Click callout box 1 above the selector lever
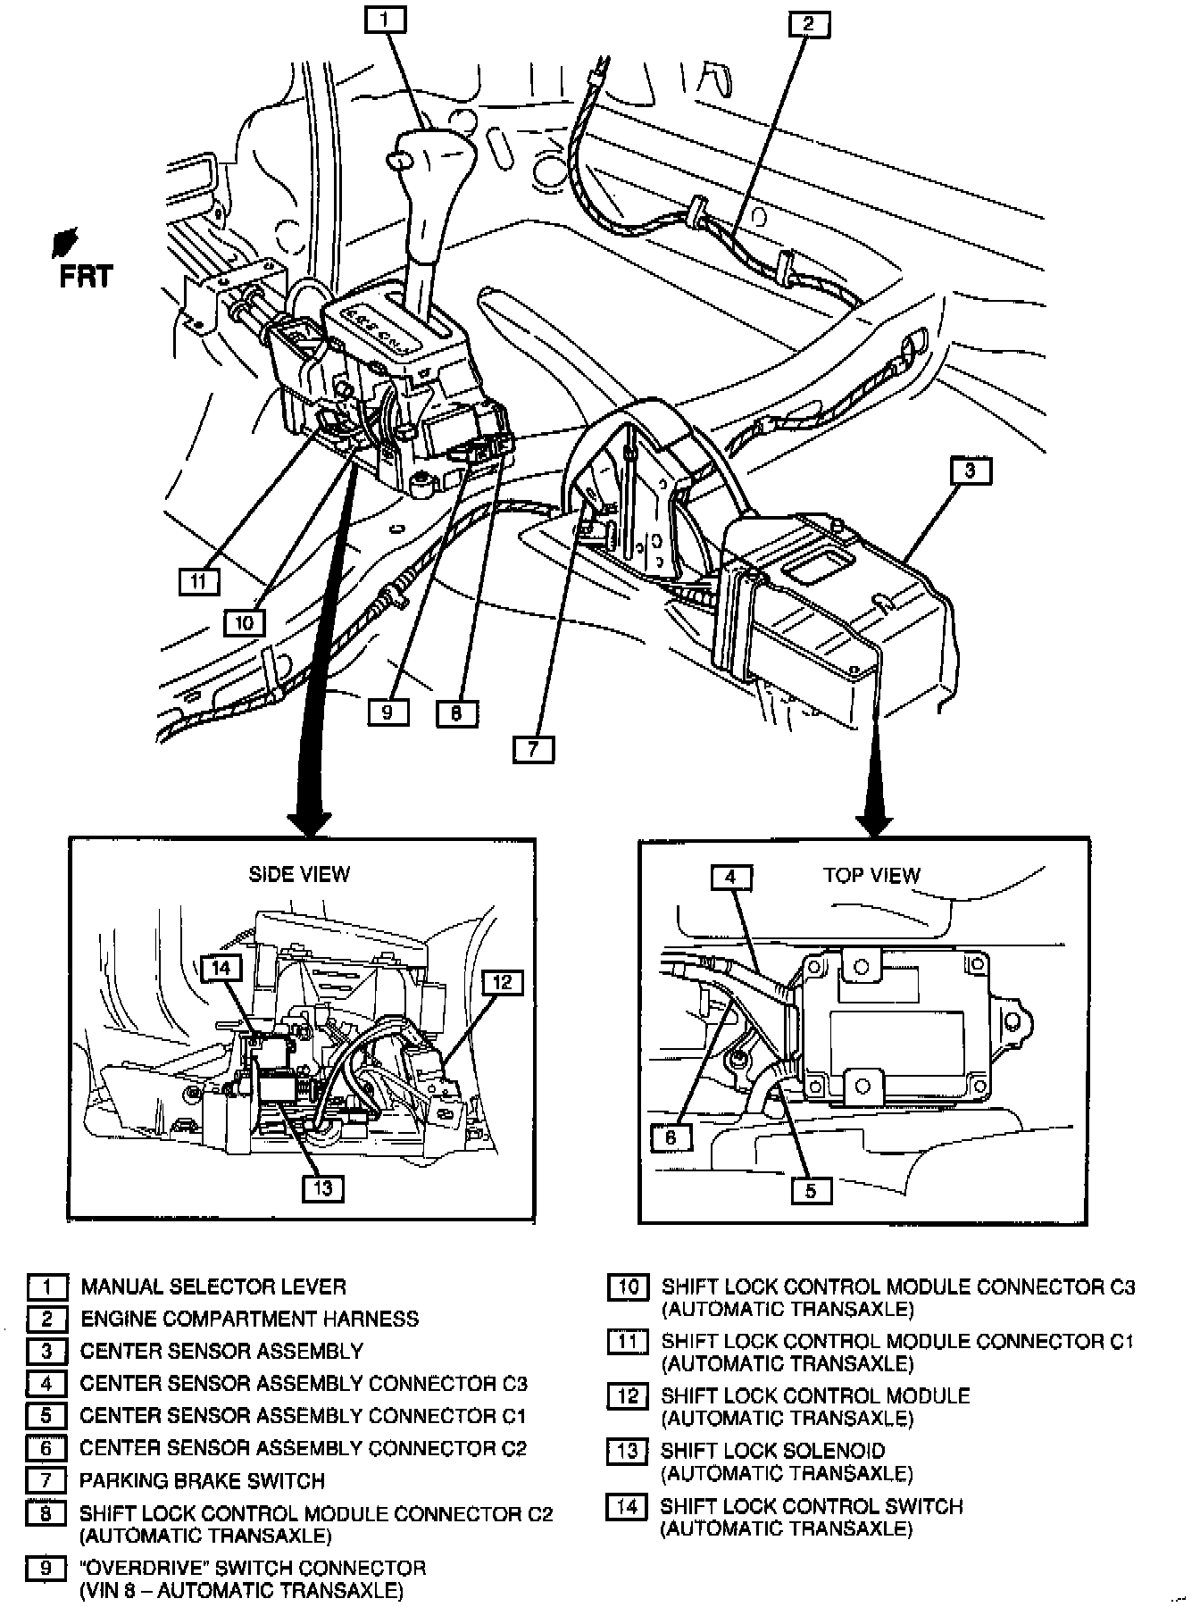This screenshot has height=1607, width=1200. [x=386, y=20]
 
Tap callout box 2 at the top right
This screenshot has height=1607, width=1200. [x=809, y=24]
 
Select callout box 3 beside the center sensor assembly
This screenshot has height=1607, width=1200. [x=971, y=470]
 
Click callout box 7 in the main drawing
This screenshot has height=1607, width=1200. [x=533, y=748]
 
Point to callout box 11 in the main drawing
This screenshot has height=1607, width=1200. [x=198, y=582]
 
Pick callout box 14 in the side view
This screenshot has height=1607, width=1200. [x=221, y=968]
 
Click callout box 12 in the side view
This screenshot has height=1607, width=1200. [x=503, y=983]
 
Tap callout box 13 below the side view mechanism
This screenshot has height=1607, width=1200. [x=322, y=1188]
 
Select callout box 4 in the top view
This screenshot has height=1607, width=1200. [x=731, y=878]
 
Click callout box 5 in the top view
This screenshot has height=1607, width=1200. [x=811, y=1191]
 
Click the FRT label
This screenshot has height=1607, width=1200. [x=86, y=277]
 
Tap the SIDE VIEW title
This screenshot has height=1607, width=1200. [x=299, y=874]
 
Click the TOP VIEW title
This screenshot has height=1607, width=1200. [x=871, y=875]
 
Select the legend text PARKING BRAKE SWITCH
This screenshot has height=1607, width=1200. [x=202, y=1480]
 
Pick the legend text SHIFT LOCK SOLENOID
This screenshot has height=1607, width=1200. [x=773, y=1451]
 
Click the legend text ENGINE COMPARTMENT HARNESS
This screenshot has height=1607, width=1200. [x=249, y=1319]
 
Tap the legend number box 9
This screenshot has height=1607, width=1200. [x=46, y=1569]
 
